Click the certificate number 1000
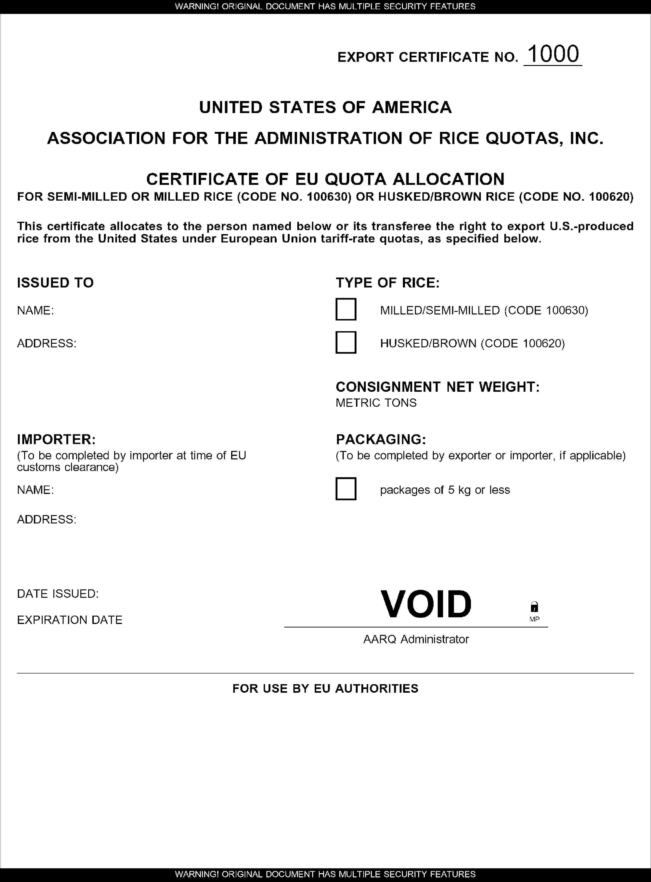point(553,54)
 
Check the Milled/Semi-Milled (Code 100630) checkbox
point(346,309)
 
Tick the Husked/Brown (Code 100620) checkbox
point(346,342)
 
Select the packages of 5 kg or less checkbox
point(346,489)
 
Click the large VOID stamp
point(426,604)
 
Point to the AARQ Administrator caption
point(416,639)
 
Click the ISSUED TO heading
point(55,283)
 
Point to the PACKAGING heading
point(381,439)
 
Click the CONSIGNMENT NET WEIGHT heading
point(437,387)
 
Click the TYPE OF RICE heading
point(387,283)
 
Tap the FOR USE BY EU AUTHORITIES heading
point(325,688)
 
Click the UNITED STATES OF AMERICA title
point(325,107)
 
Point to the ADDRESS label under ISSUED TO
point(46,343)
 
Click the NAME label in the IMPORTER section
point(35,490)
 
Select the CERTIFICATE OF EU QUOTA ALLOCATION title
point(325,179)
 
